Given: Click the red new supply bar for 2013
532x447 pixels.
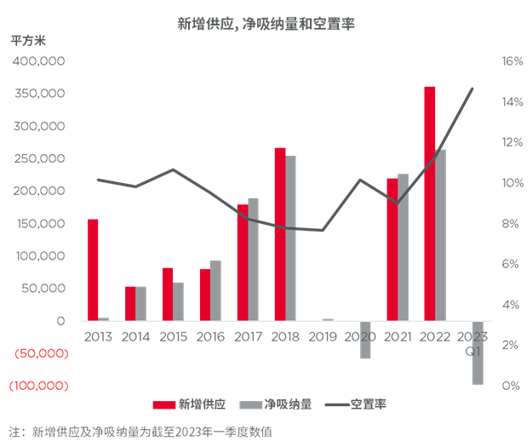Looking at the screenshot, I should [93, 269].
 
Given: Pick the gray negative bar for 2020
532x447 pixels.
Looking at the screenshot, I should [366, 340].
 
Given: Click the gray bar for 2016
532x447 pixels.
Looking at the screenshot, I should [215, 290].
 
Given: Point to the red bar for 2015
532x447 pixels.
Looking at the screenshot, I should [168, 294].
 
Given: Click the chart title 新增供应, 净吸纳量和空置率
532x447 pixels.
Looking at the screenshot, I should [266, 25].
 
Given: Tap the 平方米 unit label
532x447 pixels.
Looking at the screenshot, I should [28, 40].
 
